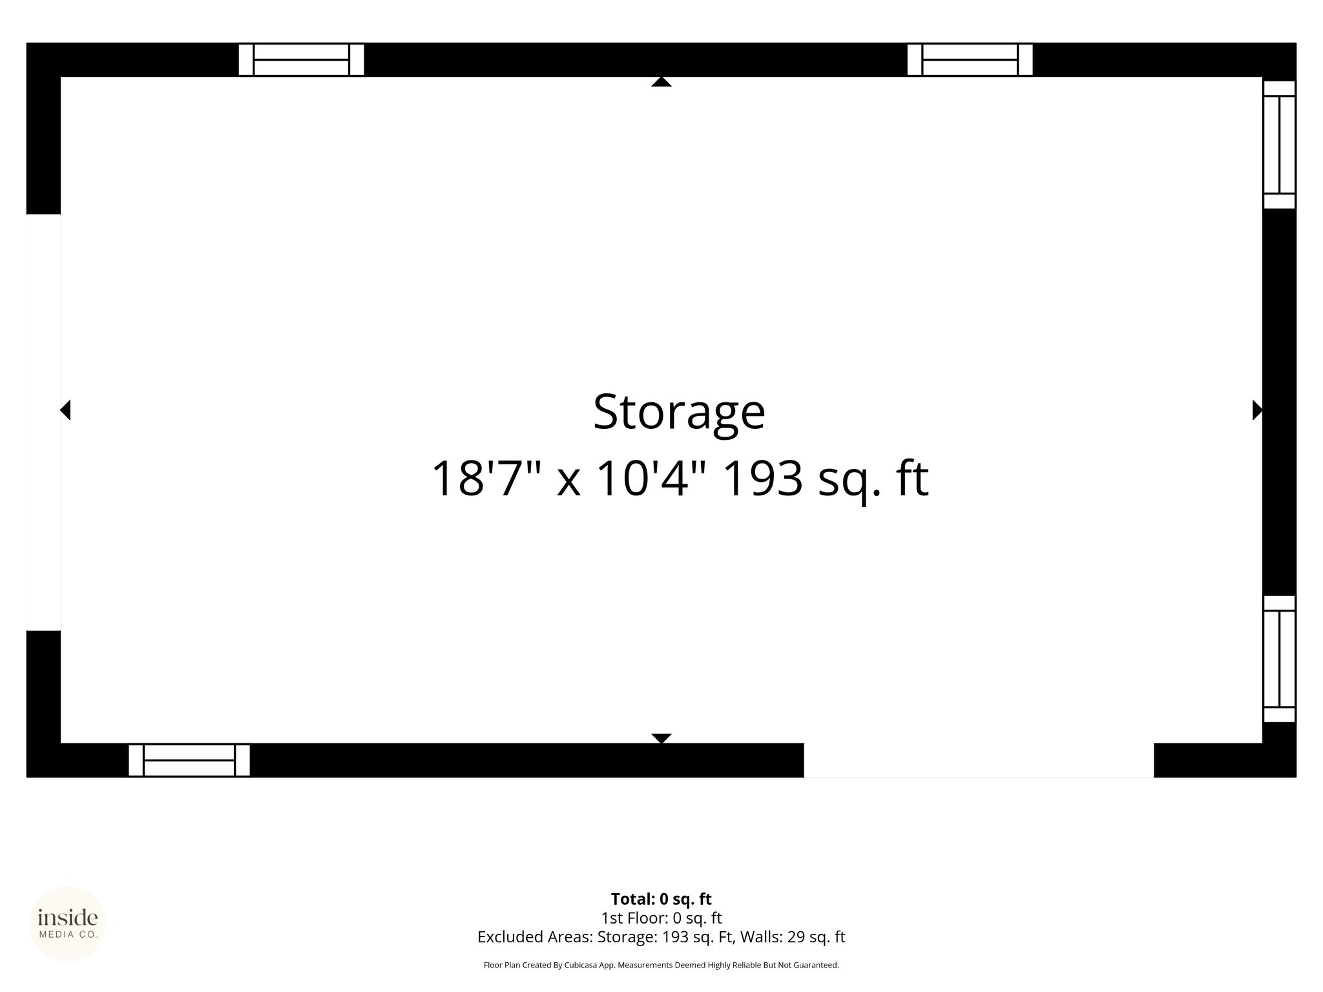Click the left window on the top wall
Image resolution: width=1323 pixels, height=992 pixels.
302,60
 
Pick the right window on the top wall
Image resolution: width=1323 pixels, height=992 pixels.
970,60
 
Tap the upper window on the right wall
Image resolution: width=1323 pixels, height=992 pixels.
1279,145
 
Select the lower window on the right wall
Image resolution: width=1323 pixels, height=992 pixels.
1279,659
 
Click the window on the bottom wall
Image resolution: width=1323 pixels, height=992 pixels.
189,760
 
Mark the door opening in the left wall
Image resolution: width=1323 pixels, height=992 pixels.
43,422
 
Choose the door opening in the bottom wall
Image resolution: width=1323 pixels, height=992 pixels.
979,760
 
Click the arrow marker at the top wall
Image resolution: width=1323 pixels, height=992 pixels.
661,81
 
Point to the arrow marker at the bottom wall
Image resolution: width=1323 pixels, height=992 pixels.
661,738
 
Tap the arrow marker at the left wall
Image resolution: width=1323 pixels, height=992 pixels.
65,410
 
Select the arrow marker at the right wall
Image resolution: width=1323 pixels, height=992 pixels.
1257,410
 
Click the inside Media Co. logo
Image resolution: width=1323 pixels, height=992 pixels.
68,924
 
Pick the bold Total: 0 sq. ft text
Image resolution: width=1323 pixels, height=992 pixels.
661,899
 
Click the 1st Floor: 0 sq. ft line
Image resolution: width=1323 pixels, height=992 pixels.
661,918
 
